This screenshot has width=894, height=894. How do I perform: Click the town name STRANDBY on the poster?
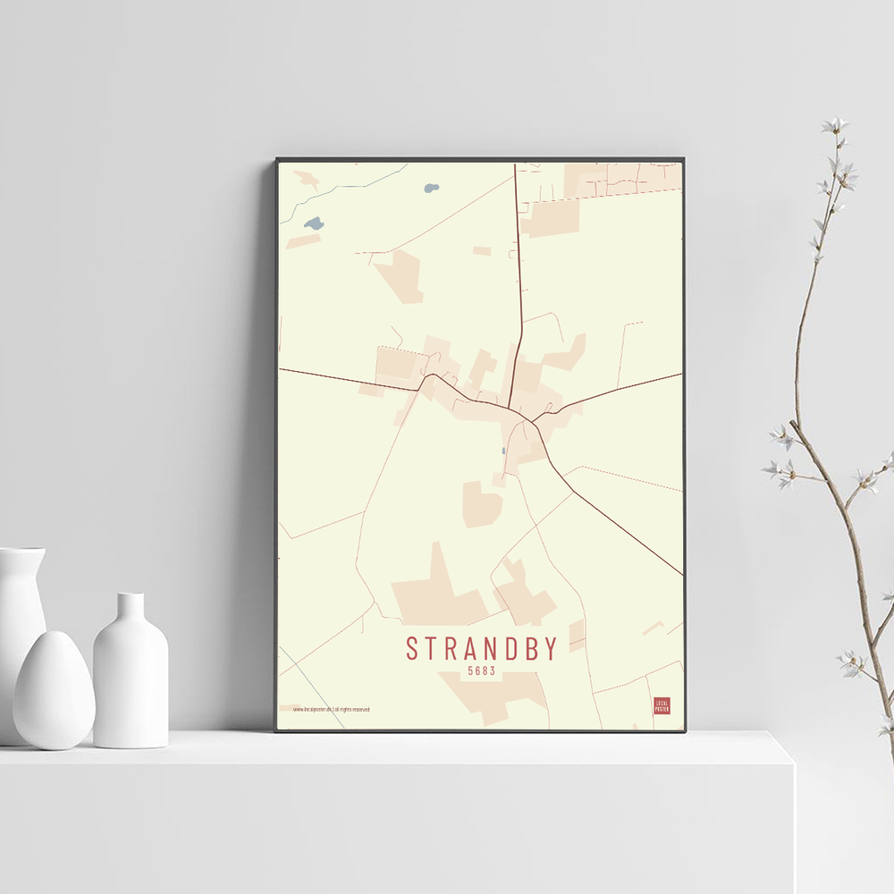[482, 648]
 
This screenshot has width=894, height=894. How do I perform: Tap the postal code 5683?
[481, 670]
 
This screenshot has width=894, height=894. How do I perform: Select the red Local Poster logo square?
[662, 705]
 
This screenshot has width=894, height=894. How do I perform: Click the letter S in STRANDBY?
[412, 648]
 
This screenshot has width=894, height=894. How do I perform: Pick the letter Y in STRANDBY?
[550, 648]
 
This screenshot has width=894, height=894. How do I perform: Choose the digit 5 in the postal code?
[470, 670]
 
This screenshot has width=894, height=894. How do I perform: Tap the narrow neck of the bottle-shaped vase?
[131, 607]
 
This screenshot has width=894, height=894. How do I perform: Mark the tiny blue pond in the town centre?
[504, 451]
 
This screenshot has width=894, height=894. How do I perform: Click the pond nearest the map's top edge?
[432, 189]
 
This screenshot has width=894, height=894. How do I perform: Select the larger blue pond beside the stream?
[313, 223]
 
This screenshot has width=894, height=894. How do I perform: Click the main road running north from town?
[518, 268]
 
